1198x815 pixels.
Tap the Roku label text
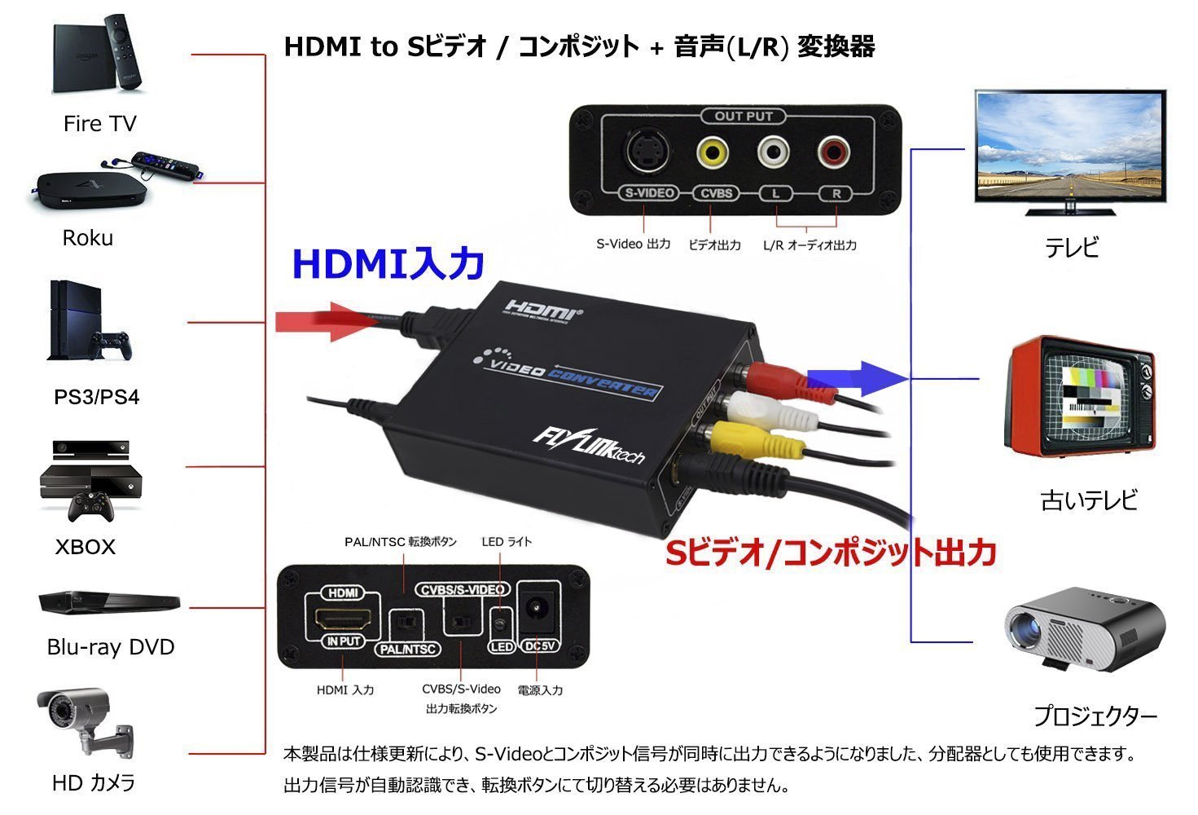[87, 238]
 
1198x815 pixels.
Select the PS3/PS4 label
[96, 397]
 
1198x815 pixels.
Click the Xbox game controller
[90, 506]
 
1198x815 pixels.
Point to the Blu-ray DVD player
[109, 602]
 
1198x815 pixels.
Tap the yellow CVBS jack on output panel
[712, 152]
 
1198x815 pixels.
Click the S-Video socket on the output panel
[646, 152]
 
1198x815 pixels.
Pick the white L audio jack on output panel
[773, 152]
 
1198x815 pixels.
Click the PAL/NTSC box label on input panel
[408, 649]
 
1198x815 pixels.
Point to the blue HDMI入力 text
[388, 264]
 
